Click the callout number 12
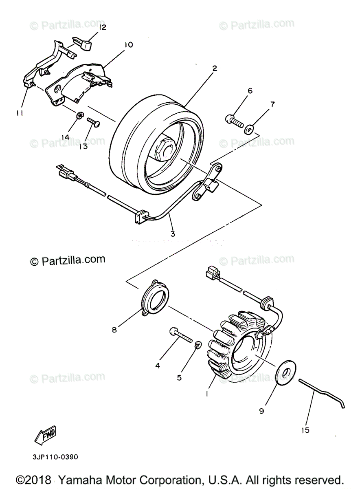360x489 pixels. pos(102,27)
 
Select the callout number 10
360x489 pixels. pos(128,44)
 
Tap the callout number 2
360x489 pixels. pos(214,69)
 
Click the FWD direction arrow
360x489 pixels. pos(46,435)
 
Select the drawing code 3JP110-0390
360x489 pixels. pos(54,456)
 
